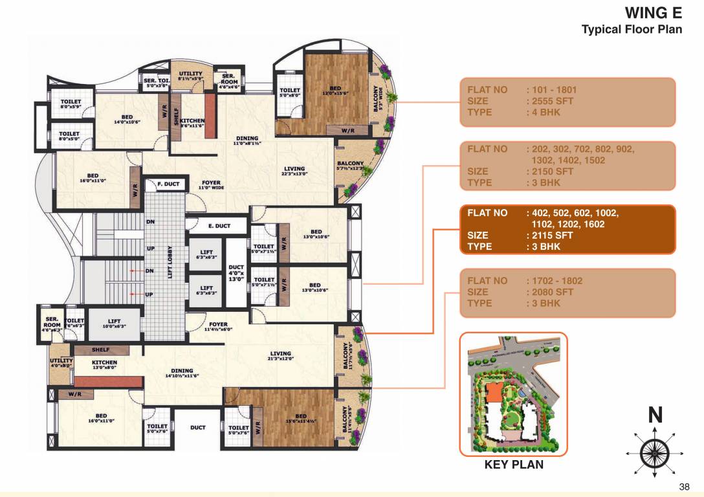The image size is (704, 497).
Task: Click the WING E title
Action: (653, 14)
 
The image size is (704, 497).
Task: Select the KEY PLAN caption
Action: (513, 464)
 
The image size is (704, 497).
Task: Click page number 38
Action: (685, 487)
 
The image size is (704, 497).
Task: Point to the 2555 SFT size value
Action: (550, 101)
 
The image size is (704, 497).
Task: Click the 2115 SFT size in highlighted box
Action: (549, 236)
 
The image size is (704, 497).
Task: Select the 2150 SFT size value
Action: (550, 171)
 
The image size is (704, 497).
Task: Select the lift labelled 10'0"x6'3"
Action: (114, 323)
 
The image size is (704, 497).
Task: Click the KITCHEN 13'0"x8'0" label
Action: (104, 365)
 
